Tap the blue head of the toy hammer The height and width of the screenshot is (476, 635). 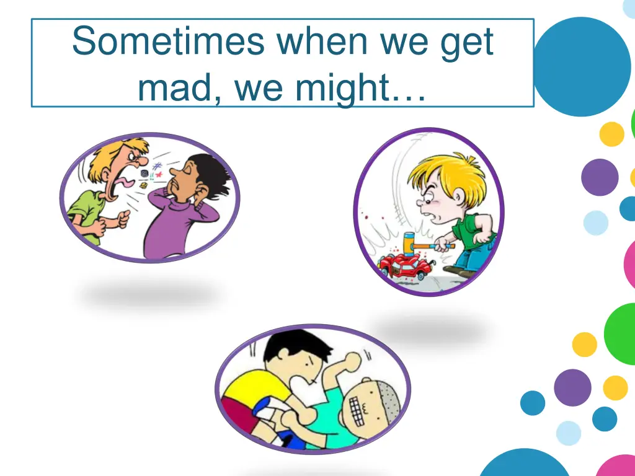[409, 242]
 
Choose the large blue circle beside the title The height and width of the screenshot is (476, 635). [582, 66]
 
